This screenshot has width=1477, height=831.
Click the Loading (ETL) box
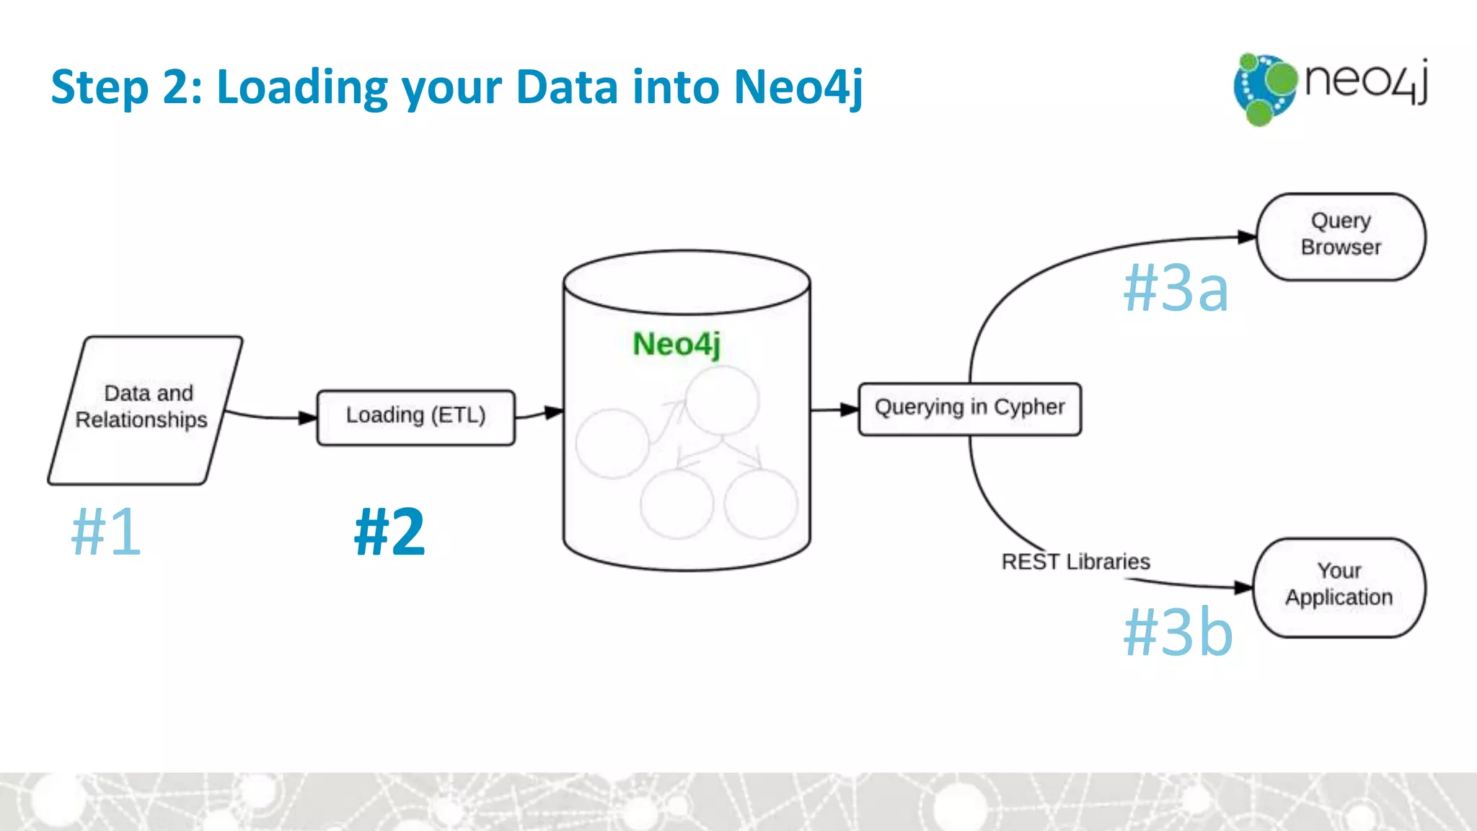tap(416, 417)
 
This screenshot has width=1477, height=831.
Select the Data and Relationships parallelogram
tap(144, 410)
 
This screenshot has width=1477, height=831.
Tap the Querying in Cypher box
tap(969, 409)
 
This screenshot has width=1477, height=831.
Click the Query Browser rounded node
tap(1341, 236)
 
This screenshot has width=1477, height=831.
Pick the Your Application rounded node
tap(1339, 586)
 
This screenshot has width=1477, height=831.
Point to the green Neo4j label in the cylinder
tap(676, 344)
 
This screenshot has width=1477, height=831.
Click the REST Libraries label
tap(1075, 562)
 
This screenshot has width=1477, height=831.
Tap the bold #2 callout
tap(389, 532)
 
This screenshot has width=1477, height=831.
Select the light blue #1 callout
tap(106, 532)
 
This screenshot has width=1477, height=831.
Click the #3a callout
tap(1176, 288)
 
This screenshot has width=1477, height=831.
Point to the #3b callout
tap(1178, 631)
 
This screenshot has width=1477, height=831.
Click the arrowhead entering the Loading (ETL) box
tap(308, 417)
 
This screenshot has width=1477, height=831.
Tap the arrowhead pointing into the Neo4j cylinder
tap(554, 413)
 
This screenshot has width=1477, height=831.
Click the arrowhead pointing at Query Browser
tap(1247, 237)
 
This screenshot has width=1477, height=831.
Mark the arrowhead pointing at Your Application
tap(1243, 587)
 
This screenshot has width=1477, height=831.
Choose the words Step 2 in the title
tap(126, 87)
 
